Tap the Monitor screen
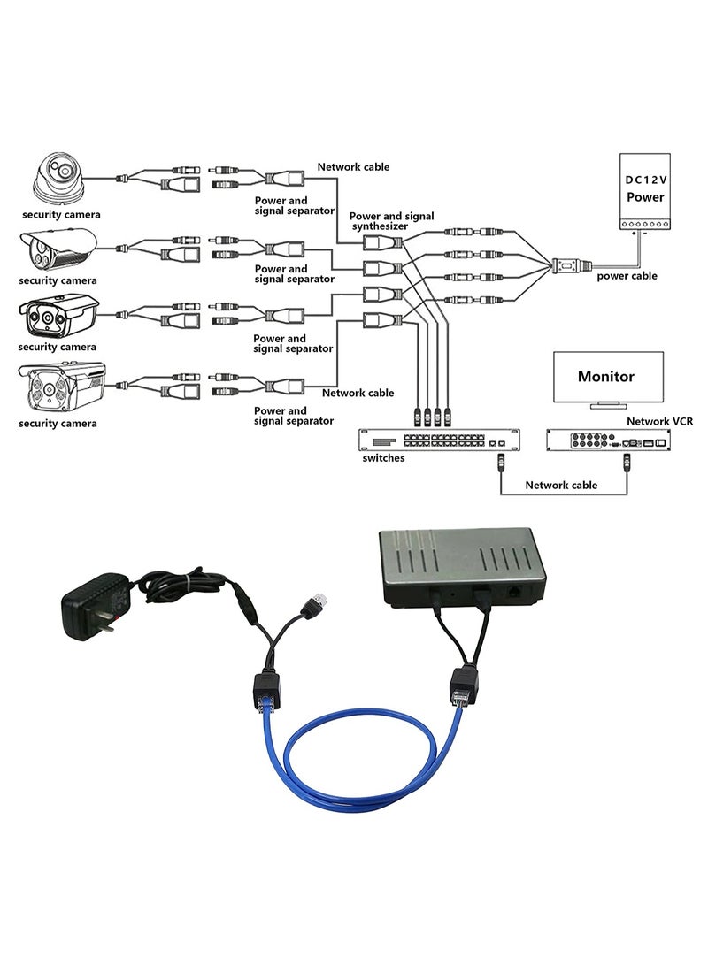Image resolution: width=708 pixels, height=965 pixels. [606, 377]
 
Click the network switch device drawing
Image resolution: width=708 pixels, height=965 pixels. [438, 440]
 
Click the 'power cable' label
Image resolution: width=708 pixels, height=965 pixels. [627, 276]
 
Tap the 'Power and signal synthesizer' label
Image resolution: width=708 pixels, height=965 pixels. [392, 221]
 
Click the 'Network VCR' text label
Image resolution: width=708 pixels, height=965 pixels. [660, 422]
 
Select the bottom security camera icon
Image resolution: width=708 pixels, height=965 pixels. [61, 386]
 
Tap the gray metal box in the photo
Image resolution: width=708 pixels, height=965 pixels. [462, 566]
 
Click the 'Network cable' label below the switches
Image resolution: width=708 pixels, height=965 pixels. [561, 485]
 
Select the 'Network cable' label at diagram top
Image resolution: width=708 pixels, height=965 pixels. [353, 166]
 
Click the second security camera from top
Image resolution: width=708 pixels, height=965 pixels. [58, 249]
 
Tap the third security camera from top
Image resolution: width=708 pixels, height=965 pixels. [58, 317]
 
